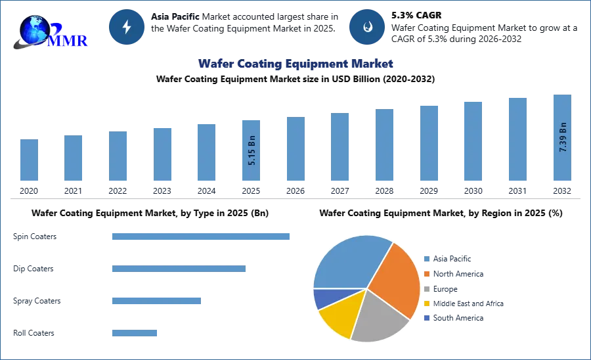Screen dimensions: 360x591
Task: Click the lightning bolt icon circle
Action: click(127, 27)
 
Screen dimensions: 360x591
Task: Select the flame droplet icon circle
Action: click(367, 27)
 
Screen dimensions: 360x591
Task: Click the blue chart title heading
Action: click(295, 64)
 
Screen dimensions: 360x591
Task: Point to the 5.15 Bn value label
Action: click(252, 150)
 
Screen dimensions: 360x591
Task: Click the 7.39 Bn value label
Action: click(563, 137)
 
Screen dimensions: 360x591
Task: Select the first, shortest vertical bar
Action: click(29, 160)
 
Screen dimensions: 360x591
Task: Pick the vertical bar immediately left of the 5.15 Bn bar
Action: click(205, 152)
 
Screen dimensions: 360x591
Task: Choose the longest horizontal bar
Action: click(202, 236)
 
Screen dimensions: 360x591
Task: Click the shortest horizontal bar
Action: click(134, 332)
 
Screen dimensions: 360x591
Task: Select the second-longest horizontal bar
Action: click(178, 268)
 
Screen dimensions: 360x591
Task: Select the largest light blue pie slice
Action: click(348, 263)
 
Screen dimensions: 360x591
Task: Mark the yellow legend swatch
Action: click(426, 304)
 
